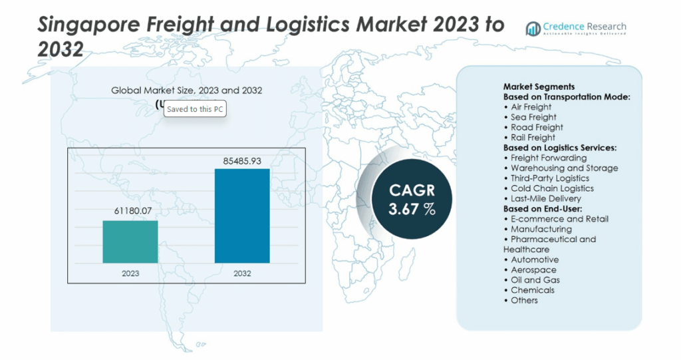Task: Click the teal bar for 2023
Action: tap(130, 242)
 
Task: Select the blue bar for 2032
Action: tap(242, 216)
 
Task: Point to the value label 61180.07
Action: tap(130, 212)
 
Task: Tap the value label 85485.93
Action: tap(242, 160)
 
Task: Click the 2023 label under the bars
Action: tap(130, 273)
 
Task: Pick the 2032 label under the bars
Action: tap(242, 273)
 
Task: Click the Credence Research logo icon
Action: tap(533, 29)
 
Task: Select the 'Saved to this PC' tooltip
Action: tap(195, 109)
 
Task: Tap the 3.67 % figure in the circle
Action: tap(412, 208)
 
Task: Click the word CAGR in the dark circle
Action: tap(412, 190)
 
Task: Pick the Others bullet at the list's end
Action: tap(524, 300)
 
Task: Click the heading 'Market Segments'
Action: tap(539, 87)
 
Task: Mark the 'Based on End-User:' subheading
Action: tap(541, 208)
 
